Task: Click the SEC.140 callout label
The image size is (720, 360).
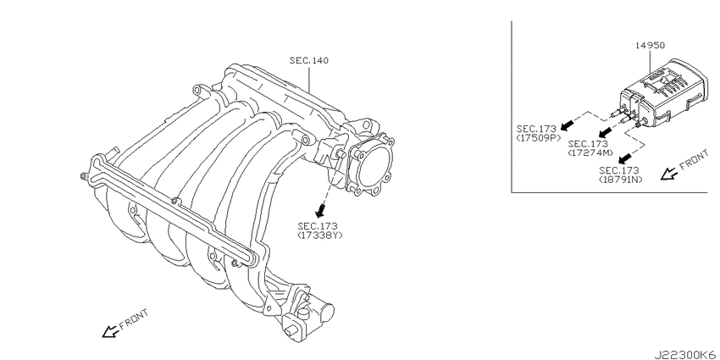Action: tap(309, 60)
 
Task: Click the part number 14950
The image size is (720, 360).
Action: tap(651, 45)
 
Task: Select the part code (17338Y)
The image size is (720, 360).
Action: tap(320, 235)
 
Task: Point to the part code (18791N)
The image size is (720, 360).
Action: tap(621, 179)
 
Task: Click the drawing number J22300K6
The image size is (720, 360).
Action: tap(686, 355)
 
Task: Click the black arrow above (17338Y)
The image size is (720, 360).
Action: tap(321, 211)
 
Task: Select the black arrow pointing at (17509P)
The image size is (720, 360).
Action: tap(568, 122)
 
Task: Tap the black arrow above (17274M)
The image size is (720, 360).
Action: tap(607, 132)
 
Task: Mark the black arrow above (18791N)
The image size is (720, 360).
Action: tap(623, 159)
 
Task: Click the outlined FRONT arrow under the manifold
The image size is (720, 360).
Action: tap(110, 331)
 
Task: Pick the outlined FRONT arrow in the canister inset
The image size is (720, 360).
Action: tap(668, 174)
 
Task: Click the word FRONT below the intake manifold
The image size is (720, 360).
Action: tap(134, 318)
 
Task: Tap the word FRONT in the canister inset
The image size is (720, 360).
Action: tap(694, 160)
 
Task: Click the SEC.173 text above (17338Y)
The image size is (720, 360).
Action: tap(318, 226)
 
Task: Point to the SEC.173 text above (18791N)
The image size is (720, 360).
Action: tap(618, 170)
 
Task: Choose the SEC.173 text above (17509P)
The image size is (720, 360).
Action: tap(536, 129)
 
